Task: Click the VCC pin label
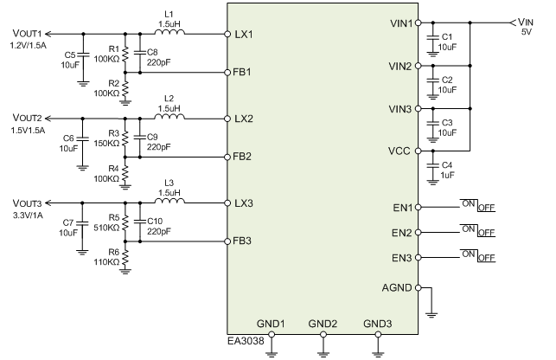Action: point(402,151)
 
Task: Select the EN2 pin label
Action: point(402,233)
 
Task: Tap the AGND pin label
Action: point(399,288)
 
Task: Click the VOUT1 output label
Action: point(27,34)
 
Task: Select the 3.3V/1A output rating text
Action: point(29,214)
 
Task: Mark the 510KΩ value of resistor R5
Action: point(107,228)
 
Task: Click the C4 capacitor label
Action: point(446,164)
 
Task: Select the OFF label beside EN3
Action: point(486,259)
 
